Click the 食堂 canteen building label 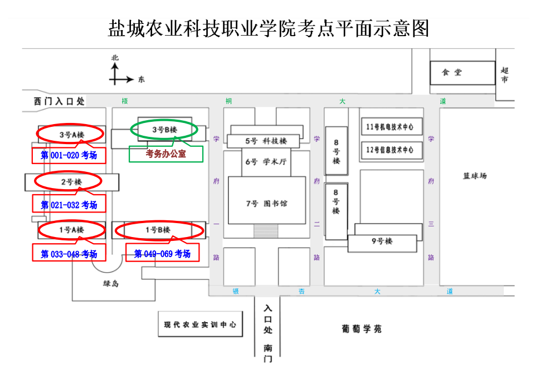pyautogui.click(x=451, y=72)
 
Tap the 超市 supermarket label pyautogui.click(x=504, y=75)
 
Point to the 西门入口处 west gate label pyautogui.click(x=59, y=101)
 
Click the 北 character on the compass pyautogui.click(x=115, y=58)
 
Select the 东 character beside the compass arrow pyautogui.click(x=141, y=80)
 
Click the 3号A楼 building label pyautogui.click(x=72, y=135)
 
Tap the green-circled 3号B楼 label pyautogui.click(x=164, y=130)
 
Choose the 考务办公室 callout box pyautogui.click(x=166, y=154)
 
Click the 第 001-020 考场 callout pyautogui.click(x=69, y=155)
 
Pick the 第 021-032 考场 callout pyautogui.click(x=69, y=205)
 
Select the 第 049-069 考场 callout pyautogui.click(x=162, y=254)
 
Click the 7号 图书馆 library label pyautogui.click(x=266, y=204)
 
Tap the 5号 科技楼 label pyautogui.click(x=266, y=141)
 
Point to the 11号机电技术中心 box pyautogui.click(x=392, y=127)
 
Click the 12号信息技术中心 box pyautogui.click(x=392, y=150)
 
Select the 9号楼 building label pyautogui.click(x=382, y=241)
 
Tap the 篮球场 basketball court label pyautogui.click(x=475, y=176)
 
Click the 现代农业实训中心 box pyautogui.click(x=201, y=324)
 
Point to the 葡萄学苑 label pyautogui.click(x=362, y=329)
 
